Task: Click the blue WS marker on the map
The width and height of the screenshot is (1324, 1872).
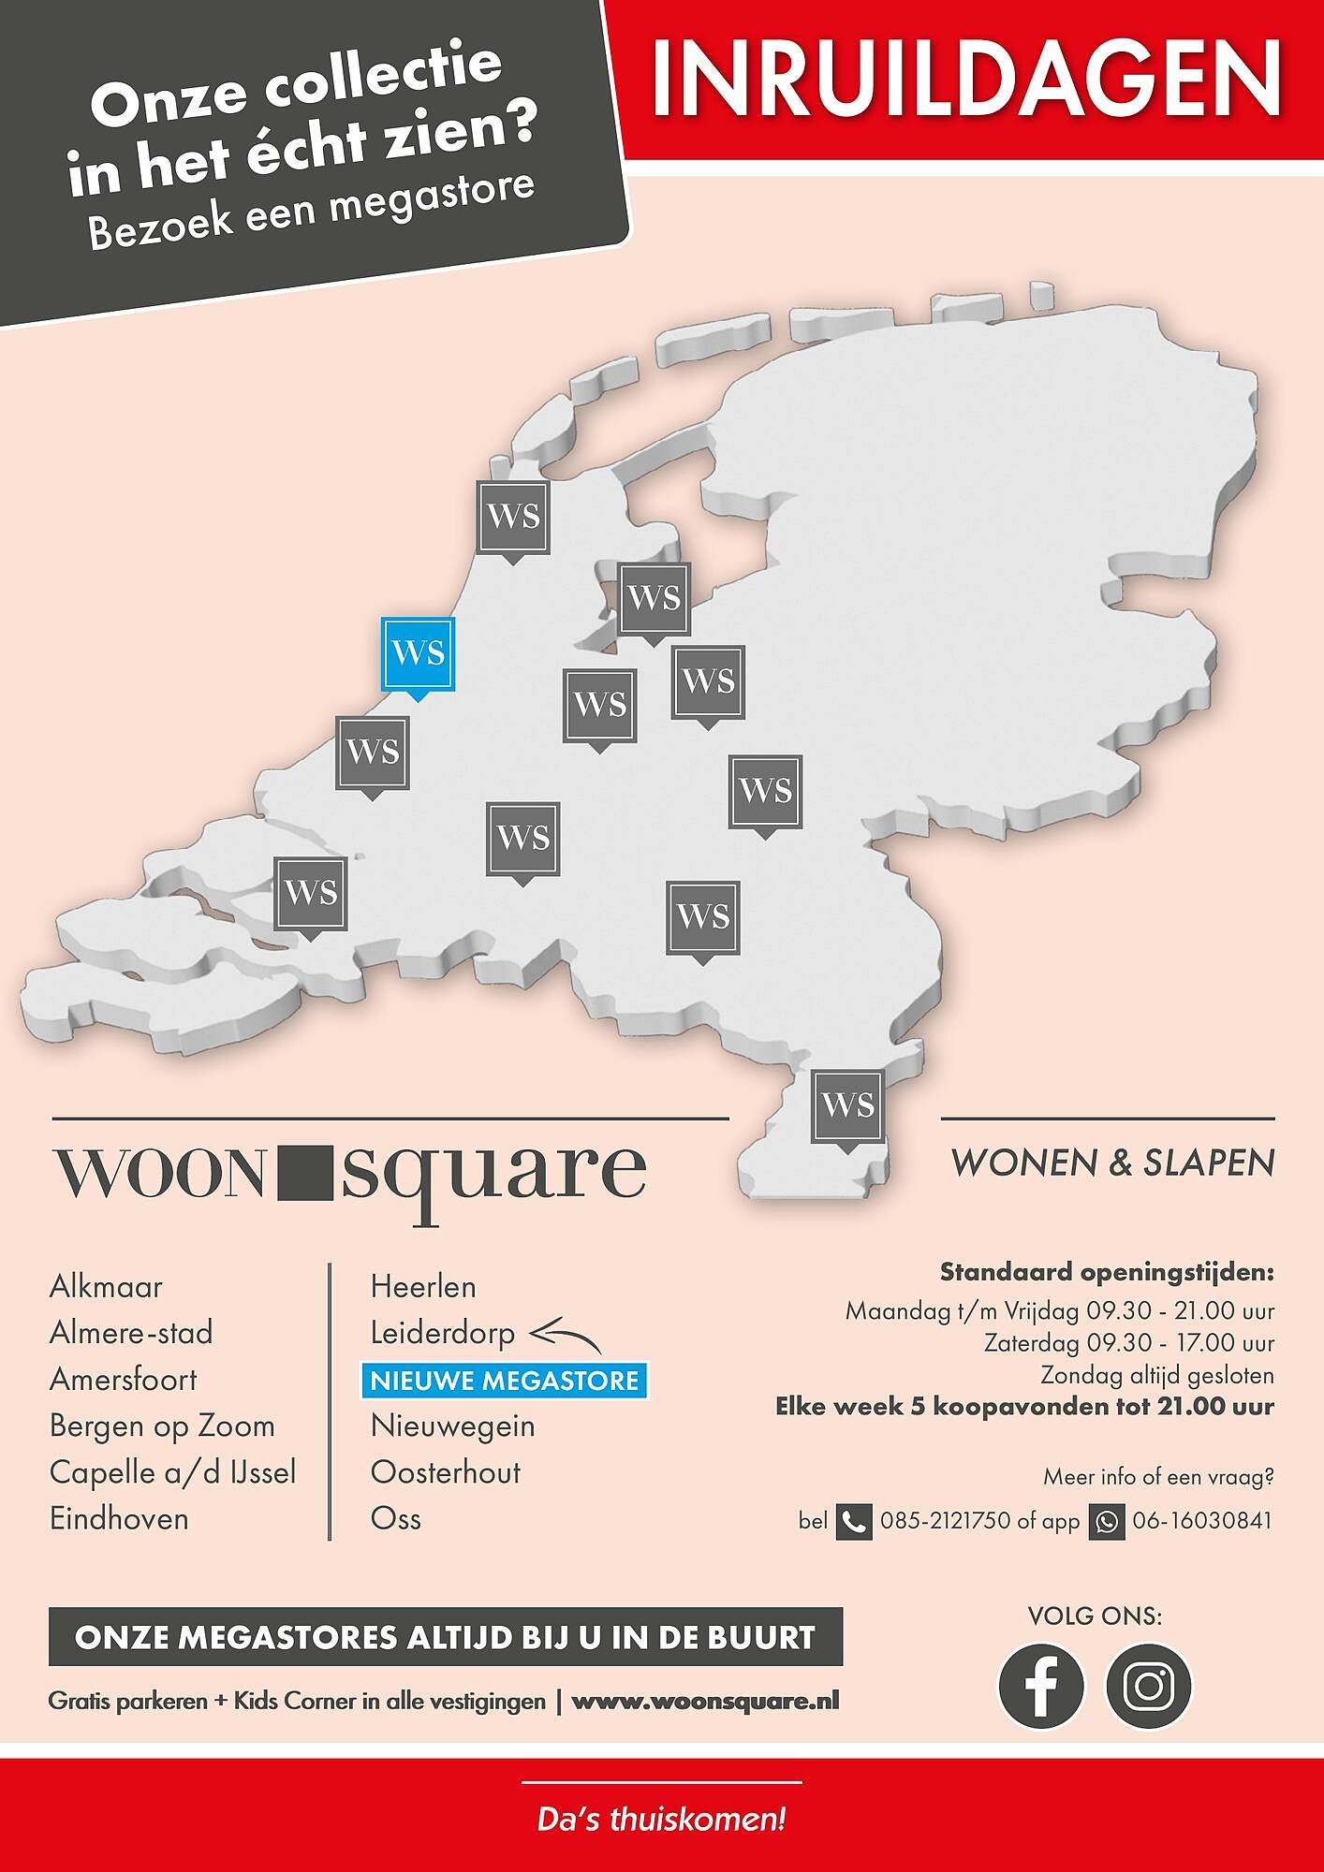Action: click(418, 653)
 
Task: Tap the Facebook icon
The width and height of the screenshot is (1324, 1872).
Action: click(1041, 1686)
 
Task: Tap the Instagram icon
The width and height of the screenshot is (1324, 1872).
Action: click(1149, 1686)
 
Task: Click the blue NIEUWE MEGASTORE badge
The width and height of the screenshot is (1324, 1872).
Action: click(505, 1381)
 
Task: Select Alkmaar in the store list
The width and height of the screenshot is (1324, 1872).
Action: click(106, 1287)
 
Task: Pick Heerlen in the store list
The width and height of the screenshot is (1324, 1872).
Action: click(423, 1287)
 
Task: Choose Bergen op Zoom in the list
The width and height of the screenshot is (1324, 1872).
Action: click(162, 1426)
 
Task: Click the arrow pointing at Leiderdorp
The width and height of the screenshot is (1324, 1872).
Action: click(565, 1334)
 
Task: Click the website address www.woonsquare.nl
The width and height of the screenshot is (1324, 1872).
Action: click(705, 1701)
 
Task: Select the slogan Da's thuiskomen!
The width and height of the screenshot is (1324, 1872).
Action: click(661, 1821)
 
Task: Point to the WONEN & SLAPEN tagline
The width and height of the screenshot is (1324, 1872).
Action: click(1112, 1163)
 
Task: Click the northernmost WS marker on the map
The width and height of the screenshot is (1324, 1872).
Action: click(513, 518)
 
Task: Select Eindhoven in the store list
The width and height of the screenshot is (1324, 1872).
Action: click(119, 1519)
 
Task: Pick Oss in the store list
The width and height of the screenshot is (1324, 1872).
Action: click(396, 1519)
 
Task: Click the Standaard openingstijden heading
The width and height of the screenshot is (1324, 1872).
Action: click(1107, 1273)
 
